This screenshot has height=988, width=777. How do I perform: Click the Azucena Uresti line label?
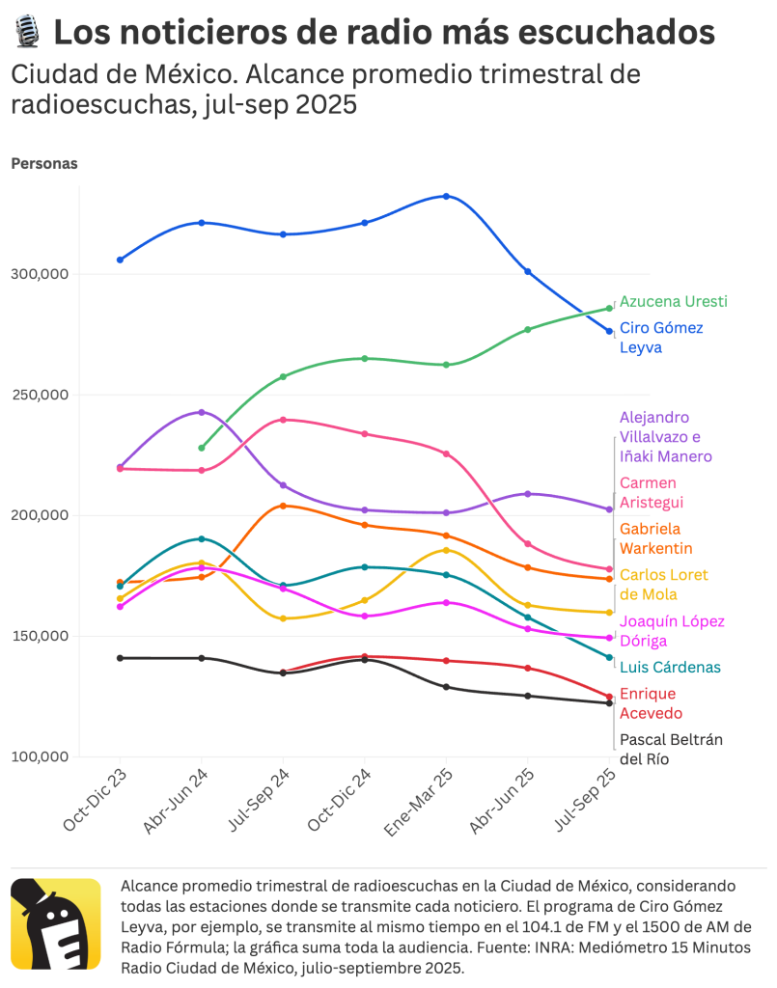coord(673,301)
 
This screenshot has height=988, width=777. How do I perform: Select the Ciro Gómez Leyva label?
coord(661,338)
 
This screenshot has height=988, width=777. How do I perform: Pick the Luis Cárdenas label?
coord(670,668)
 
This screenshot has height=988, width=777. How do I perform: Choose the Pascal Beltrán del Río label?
coord(670,749)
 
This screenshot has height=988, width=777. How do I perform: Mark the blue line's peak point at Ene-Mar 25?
coord(446,196)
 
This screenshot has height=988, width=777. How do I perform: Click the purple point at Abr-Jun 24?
coord(202,412)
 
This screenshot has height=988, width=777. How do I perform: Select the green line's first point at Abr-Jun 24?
coord(202,448)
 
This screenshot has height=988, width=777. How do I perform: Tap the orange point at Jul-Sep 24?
coord(283,506)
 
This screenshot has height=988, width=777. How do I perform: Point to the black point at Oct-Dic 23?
coord(120,658)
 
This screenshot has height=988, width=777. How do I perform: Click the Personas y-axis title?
coord(44,163)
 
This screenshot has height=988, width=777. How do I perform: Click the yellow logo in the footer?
coord(55,923)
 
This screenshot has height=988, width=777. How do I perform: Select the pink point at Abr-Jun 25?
coord(528,544)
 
